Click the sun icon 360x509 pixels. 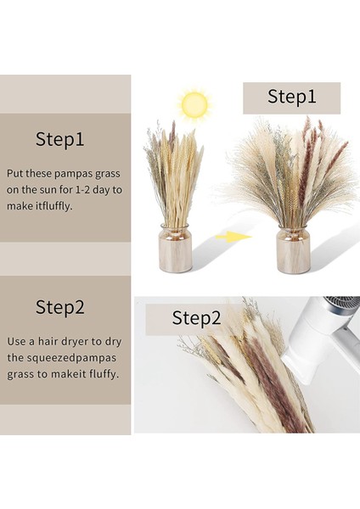[x=194, y=104]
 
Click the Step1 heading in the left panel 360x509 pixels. [x=60, y=139]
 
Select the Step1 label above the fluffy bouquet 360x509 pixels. [x=291, y=97]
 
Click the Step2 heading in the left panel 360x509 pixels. [x=60, y=306]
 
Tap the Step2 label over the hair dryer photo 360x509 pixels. [x=196, y=318]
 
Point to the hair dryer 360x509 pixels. [x=323, y=339]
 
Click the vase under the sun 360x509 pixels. [x=175, y=249]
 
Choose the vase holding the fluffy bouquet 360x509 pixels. [x=293, y=250]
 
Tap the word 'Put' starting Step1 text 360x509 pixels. [x=15, y=173]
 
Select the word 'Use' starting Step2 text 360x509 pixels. [x=16, y=341]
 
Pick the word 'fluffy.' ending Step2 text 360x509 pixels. [x=104, y=373]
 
